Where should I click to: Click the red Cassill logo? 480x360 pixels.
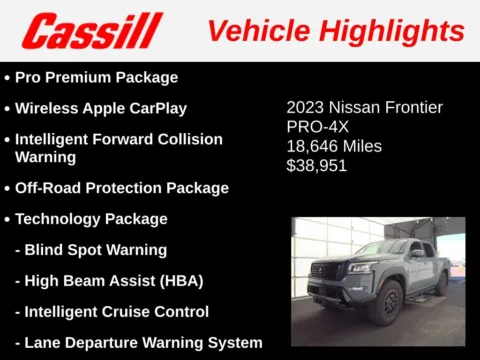[92, 31]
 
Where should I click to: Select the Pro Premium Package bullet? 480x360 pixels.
[96, 77]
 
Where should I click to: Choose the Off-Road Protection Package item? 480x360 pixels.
[121, 187]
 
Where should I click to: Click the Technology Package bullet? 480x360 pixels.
[91, 218]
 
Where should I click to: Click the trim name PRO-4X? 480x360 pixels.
[318, 127]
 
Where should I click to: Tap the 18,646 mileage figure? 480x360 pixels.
[311, 146]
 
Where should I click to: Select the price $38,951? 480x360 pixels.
[317, 165]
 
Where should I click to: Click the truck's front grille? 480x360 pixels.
[329, 275]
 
